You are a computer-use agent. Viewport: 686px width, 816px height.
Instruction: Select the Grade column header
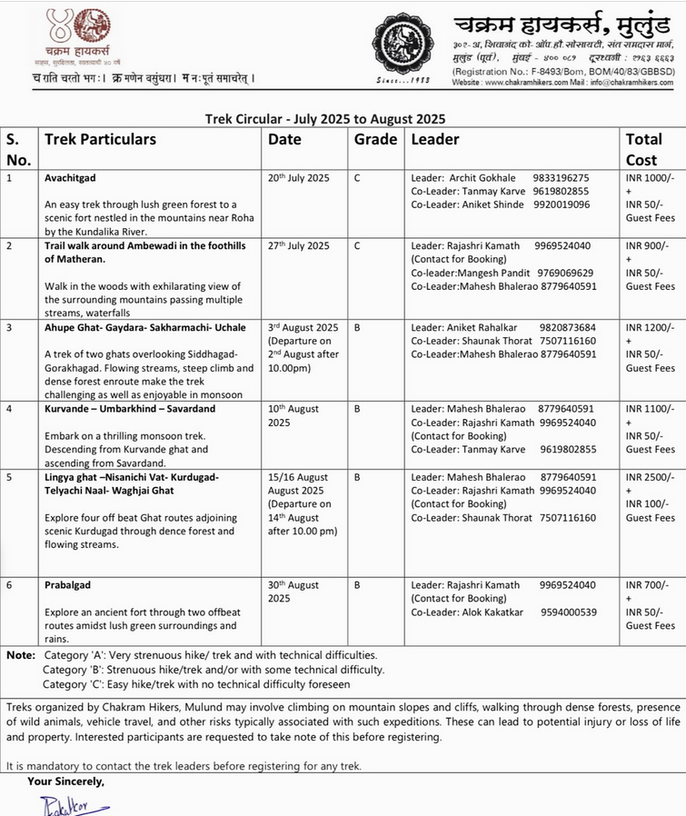coord(375,140)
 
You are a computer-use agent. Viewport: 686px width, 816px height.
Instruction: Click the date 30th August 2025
coord(293,592)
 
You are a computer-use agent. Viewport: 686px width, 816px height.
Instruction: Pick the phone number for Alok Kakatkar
coord(568,612)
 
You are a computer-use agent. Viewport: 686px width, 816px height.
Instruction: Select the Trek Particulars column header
coord(101,140)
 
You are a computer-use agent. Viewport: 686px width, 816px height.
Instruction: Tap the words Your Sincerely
coord(66,781)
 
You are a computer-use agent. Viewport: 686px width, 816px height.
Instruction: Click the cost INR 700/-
coord(647,585)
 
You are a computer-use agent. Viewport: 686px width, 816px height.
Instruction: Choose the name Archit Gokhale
coord(482,178)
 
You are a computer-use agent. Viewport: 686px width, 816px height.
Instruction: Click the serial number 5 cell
coord(10,477)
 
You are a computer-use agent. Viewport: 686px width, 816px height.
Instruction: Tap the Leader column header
coord(435,140)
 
